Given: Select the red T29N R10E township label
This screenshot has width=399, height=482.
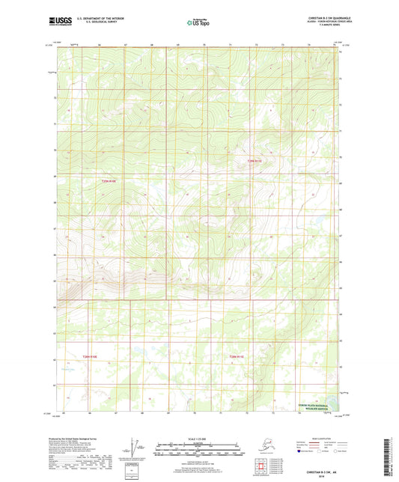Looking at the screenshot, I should click(109, 180).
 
